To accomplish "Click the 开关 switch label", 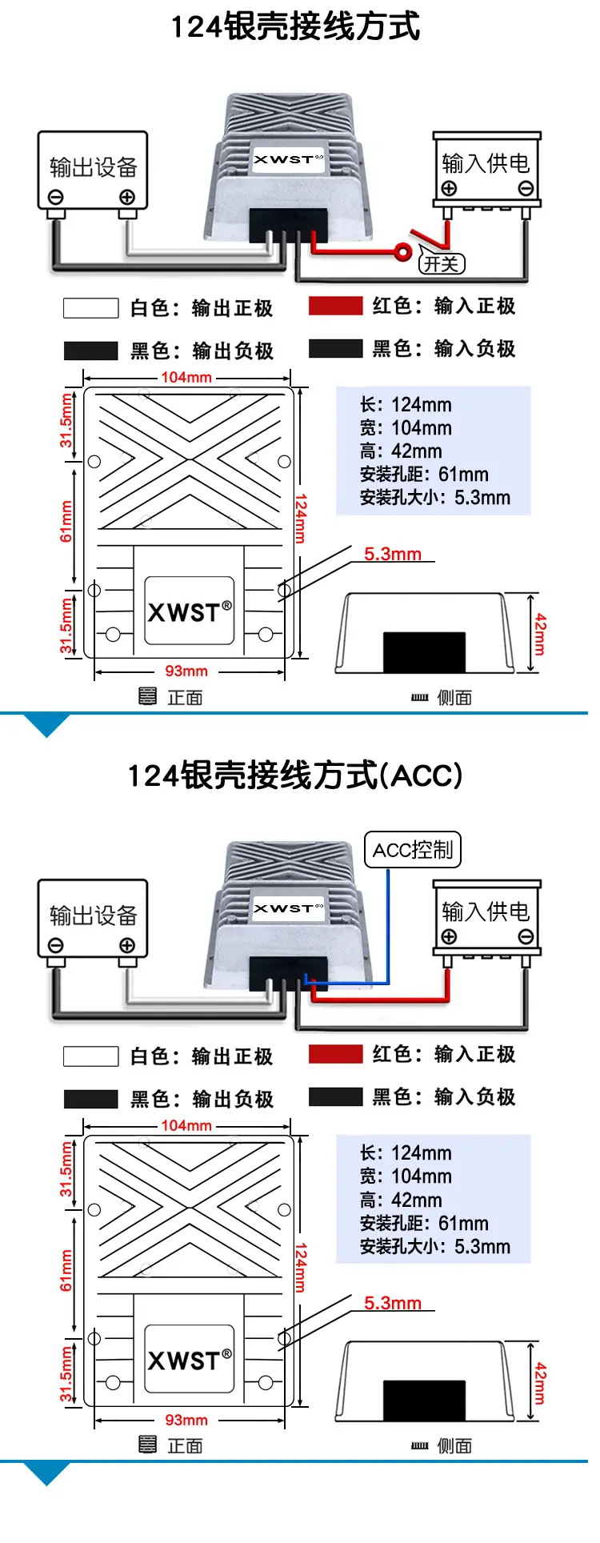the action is [441, 263].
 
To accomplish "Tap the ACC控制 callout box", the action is [413, 849].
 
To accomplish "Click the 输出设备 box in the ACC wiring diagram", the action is [93, 919].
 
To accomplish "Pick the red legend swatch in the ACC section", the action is [336, 1054].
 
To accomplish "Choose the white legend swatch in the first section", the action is [91, 308].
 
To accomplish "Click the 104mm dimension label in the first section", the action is [186, 377].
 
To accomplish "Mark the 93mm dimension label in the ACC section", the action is [186, 1420].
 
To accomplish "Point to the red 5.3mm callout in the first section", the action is [393, 554].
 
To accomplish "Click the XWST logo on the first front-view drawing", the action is [190, 611].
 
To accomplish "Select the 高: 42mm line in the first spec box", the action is [401, 451].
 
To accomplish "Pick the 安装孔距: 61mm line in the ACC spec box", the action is [424, 1223].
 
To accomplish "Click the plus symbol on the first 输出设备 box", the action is [127, 197].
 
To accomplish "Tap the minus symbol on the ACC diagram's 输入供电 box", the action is [526, 937].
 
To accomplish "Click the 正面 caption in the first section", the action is [185, 697].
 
